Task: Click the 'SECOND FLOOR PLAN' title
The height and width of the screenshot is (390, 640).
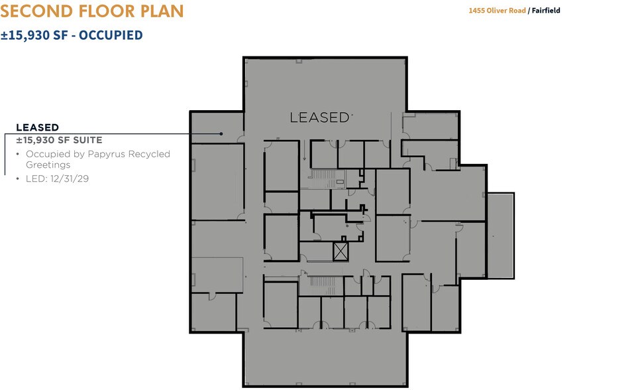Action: pos(92,11)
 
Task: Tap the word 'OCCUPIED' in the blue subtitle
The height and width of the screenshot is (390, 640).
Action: pos(111,35)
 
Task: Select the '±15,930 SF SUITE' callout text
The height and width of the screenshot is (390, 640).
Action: pos(59,140)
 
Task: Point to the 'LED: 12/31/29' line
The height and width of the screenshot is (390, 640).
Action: pos(57,178)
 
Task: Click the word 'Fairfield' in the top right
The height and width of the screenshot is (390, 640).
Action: pos(546,11)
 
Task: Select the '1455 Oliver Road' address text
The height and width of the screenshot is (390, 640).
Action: pos(497,11)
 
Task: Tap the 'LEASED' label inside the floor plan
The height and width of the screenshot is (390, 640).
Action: pos(319,118)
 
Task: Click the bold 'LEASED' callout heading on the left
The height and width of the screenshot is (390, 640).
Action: pos(38,127)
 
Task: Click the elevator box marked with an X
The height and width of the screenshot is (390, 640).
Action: pos(341,251)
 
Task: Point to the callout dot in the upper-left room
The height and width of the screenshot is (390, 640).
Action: pos(221,134)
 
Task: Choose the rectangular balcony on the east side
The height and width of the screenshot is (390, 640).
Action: pos(501,236)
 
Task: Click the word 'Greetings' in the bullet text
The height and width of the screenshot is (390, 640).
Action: pos(48,165)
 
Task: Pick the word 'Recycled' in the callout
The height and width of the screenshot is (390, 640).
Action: pos(149,155)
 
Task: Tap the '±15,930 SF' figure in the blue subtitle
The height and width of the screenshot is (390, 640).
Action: pos(34,35)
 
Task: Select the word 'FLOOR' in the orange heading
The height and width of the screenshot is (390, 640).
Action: pos(107,11)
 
